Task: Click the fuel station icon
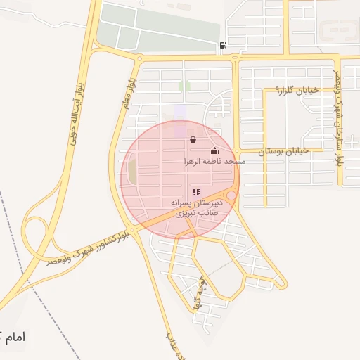pyautogui.click(x=223, y=46)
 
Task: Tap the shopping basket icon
pyautogui.click(x=193, y=140)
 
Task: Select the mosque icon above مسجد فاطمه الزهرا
pyautogui.click(x=214, y=150)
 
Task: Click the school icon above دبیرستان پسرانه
pyautogui.click(x=196, y=192)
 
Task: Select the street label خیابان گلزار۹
pyautogui.click(x=297, y=90)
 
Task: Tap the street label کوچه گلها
pyautogui.click(x=196, y=294)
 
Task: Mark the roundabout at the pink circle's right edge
pyautogui.click(x=231, y=195)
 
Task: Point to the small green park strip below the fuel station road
pyautogui.click(x=184, y=86)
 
